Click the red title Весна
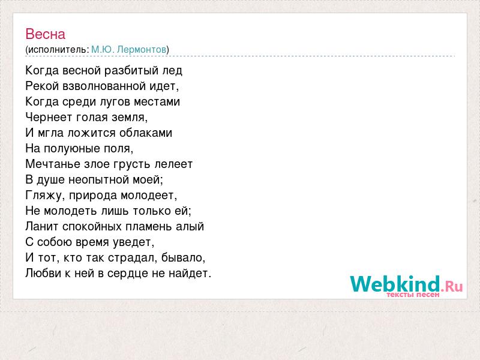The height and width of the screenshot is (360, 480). point(46,34)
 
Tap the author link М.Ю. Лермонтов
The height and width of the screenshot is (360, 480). point(129,49)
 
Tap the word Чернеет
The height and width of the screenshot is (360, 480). point(49,117)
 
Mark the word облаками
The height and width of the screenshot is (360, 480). point(146,133)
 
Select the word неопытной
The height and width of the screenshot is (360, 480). point(98,179)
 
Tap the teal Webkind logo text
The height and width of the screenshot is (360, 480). point(395,284)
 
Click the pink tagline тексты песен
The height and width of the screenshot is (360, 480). point(413,295)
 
